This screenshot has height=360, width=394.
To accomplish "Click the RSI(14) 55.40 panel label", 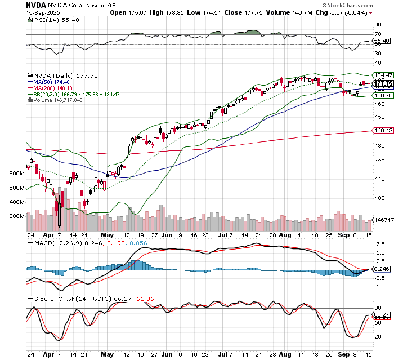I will (52, 20).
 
